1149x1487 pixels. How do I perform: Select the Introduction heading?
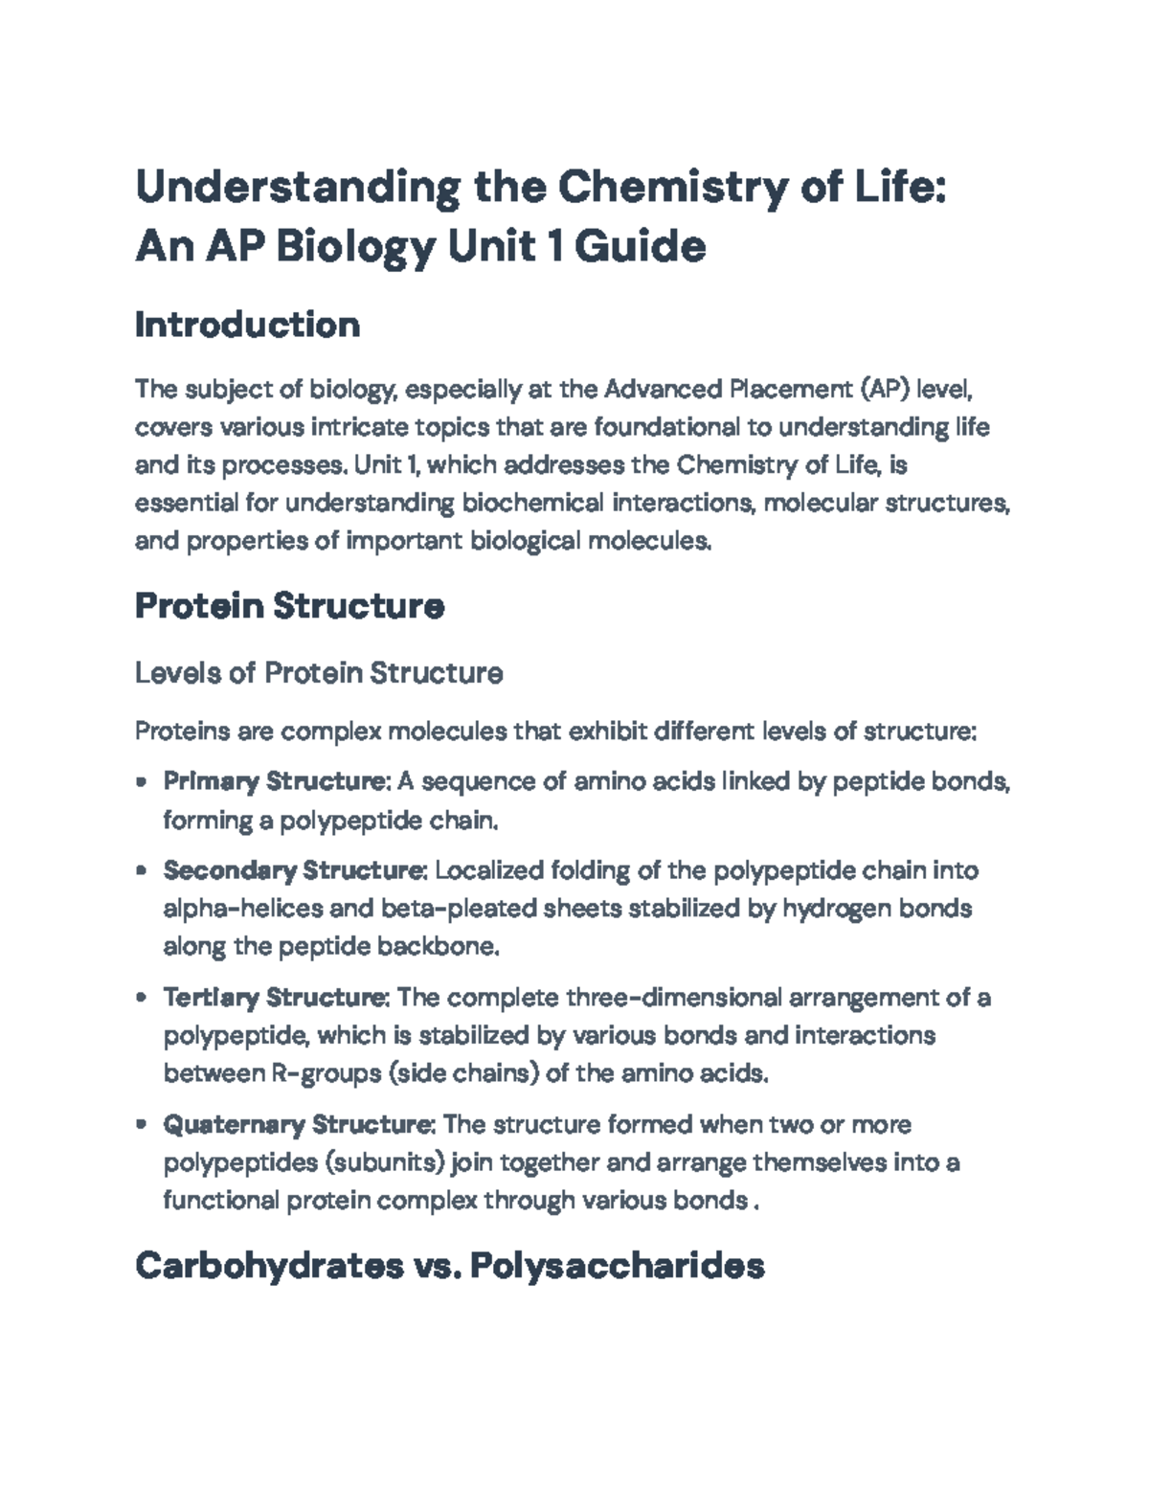(247, 325)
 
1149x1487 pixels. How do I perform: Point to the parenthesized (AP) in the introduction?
(880, 389)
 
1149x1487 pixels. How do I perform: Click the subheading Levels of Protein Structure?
(319, 673)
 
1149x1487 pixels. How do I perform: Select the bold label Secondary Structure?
(294, 870)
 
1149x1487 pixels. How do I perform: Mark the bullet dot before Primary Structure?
(142, 781)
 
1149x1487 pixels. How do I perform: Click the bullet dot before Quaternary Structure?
(142, 1124)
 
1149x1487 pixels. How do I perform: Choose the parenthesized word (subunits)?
(385, 1162)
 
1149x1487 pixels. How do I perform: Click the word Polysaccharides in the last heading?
(617, 1266)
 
